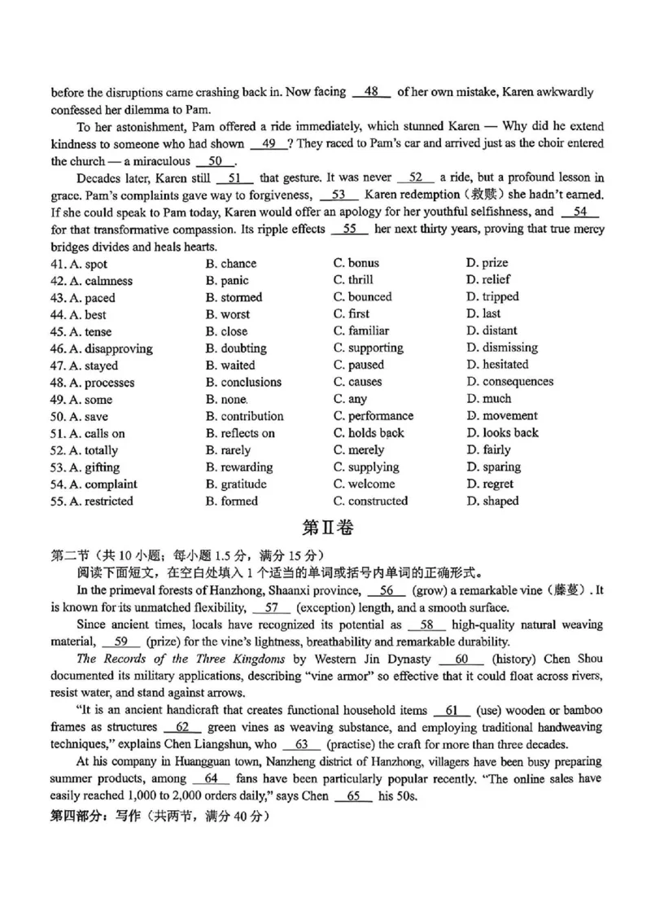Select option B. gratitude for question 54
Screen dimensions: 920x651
236,484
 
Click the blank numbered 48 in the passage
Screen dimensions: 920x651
372,92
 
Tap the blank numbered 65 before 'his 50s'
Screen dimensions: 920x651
352,795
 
